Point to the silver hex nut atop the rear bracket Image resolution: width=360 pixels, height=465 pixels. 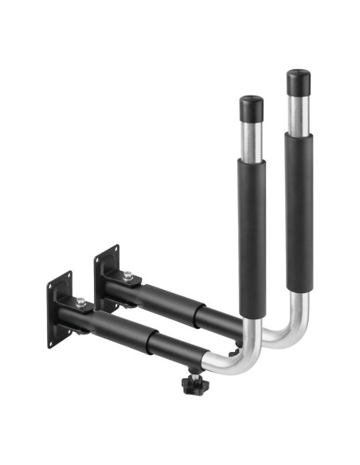click(127, 276)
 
